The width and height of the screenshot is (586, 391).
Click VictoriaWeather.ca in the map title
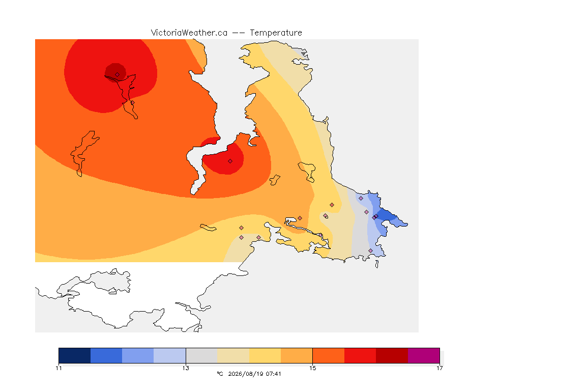coord(189,33)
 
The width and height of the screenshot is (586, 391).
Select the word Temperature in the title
coord(276,33)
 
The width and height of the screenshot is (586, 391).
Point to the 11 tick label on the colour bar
coord(58,368)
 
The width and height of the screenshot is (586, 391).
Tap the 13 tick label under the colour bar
coord(186,368)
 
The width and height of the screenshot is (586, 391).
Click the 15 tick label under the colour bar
coord(312,368)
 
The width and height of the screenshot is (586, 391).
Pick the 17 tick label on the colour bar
coord(439,368)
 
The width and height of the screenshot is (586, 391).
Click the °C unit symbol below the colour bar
coord(220,374)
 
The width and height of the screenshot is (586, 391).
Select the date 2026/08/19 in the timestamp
coord(245,374)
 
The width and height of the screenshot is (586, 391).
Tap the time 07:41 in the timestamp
coord(274,374)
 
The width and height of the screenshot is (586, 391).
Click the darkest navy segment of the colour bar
coord(75,355)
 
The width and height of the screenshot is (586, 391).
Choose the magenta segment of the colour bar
coord(423,355)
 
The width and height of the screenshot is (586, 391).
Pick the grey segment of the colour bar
coord(201,355)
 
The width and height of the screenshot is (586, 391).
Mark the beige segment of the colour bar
coord(233,355)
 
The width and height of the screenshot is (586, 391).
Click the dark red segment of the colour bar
coord(392,355)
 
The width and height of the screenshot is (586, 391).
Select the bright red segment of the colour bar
coord(360,355)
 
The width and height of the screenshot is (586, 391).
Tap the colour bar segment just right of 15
coord(329,355)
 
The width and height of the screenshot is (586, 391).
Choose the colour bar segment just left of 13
coord(170,355)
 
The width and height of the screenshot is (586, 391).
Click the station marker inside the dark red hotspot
coord(118,75)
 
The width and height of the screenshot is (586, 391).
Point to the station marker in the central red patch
coord(230,161)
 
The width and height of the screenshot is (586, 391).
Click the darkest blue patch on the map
coord(387,216)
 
